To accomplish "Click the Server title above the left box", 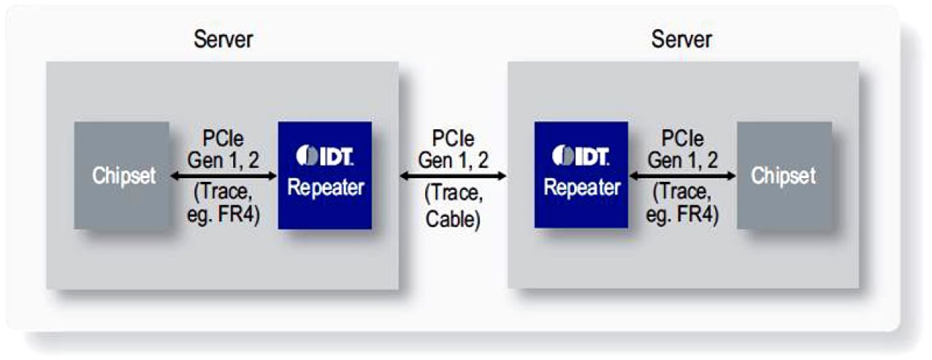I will coord(223,39).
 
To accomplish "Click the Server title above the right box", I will coord(681,39).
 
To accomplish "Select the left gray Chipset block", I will coord(122,175).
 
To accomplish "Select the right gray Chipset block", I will coord(784,175).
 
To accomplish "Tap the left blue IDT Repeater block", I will coord(325,175).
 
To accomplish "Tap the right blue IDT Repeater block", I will coord(581,175).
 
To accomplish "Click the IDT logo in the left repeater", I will coord(325,157).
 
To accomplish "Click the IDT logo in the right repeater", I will coord(581,157).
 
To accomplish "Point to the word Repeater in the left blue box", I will coord(326,188).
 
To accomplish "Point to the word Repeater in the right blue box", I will coord(582,188).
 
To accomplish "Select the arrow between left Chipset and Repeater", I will coord(223,176).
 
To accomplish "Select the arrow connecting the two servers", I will coord(453,176).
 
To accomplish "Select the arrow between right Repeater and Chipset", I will coord(682,176).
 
